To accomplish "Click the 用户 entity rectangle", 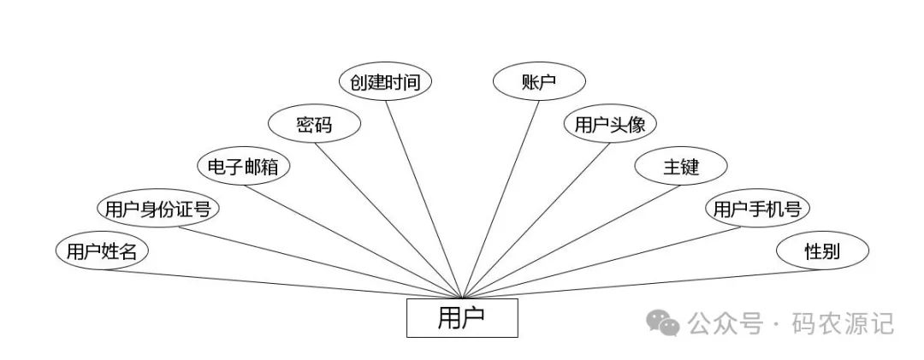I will tap(461, 317).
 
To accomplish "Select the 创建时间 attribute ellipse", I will tap(385, 82).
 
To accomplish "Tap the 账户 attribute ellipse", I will tap(539, 82).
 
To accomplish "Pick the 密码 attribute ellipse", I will tap(313, 125).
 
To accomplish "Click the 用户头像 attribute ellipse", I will tap(609, 125).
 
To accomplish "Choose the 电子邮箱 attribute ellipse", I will tap(243, 166).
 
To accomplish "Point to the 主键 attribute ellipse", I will tap(681, 166).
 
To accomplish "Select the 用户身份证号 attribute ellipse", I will tap(157, 208).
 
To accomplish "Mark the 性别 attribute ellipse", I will tap(822, 251).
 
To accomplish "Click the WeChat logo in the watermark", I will tap(663, 323).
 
